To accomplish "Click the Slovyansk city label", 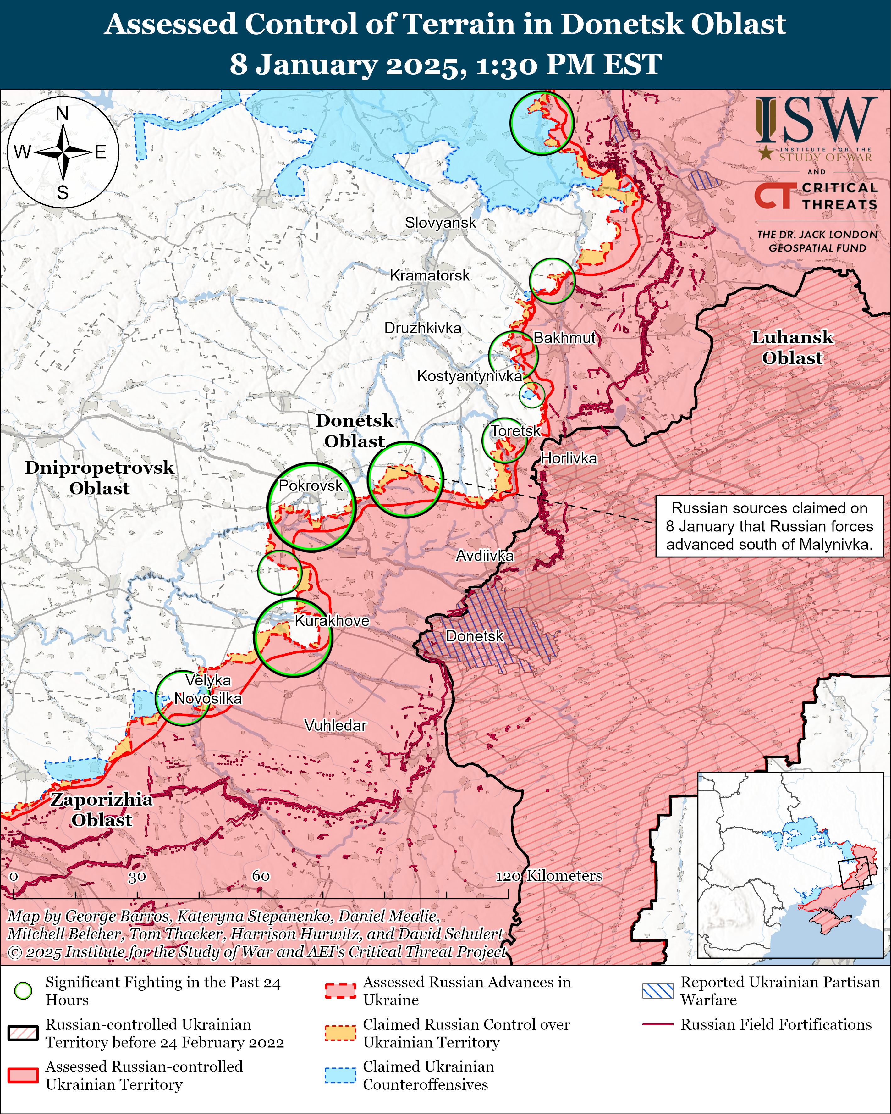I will click(x=440, y=223).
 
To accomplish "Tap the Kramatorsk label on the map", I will click(x=430, y=275).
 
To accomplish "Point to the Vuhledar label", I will click(x=335, y=725).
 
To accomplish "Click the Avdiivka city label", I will click(x=485, y=556).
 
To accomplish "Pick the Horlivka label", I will click(x=569, y=458).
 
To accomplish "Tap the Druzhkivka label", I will click(x=422, y=328).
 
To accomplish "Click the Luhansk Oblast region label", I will click(x=792, y=347).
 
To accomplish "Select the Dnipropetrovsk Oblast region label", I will click(x=99, y=477).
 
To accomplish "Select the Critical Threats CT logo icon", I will click(x=773, y=196).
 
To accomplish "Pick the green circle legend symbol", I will click(x=23, y=990).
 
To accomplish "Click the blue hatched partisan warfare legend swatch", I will click(x=657, y=990).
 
